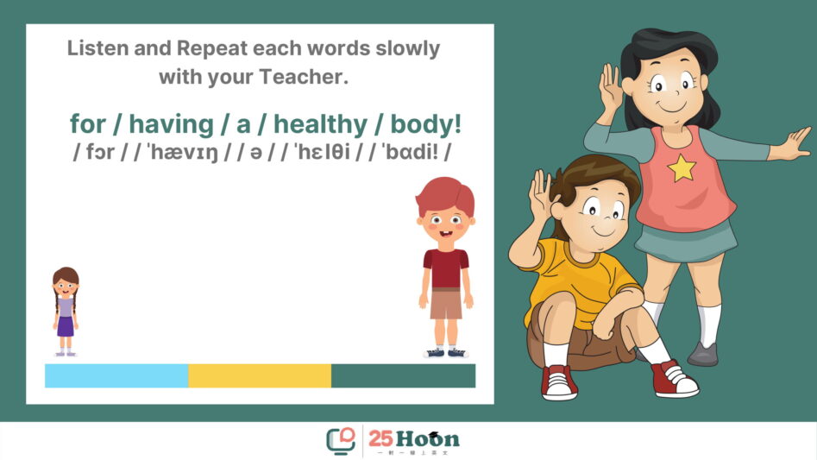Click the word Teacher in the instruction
click(304, 77)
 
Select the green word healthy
click(320, 125)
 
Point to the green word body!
click(425, 124)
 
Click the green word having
click(172, 125)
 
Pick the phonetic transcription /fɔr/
click(101, 152)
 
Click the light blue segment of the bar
click(116, 375)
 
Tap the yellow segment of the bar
click(260, 375)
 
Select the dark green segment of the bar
click(403, 375)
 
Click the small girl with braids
click(66, 312)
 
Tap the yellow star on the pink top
click(682, 167)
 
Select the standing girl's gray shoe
click(703, 354)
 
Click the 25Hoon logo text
click(414, 439)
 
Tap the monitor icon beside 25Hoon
click(341, 441)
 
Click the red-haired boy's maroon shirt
click(445, 268)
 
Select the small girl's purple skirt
click(66, 326)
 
